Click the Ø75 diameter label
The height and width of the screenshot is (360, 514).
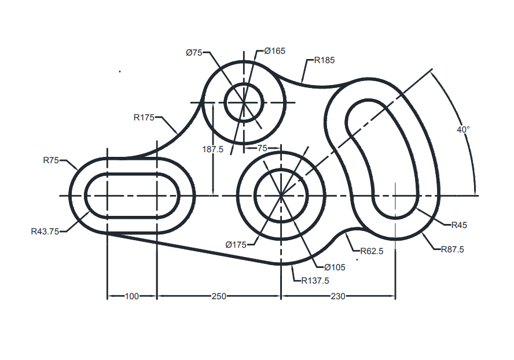click(x=194, y=53)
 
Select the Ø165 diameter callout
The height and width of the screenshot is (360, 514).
click(x=274, y=51)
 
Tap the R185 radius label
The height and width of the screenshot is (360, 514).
click(x=324, y=60)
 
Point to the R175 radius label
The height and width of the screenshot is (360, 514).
click(x=144, y=117)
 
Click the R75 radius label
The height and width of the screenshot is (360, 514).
click(x=51, y=160)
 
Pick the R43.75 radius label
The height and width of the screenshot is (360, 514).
click(x=44, y=231)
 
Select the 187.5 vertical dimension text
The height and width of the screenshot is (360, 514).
click(x=213, y=149)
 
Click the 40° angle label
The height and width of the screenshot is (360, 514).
click(x=462, y=130)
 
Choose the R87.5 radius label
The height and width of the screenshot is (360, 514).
click(x=452, y=249)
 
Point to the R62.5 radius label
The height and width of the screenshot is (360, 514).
click(x=372, y=251)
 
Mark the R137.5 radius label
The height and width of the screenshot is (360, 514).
click(x=315, y=281)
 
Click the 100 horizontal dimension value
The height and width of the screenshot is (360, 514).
click(x=132, y=296)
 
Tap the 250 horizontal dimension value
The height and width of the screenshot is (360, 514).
click(x=218, y=296)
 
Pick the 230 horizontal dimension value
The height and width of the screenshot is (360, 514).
click(x=337, y=296)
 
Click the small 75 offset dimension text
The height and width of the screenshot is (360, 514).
click(x=262, y=148)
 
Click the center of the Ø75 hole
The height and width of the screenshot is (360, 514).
click(x=244, y=103)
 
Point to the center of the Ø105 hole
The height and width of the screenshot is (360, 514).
click(x=281, y=196)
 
